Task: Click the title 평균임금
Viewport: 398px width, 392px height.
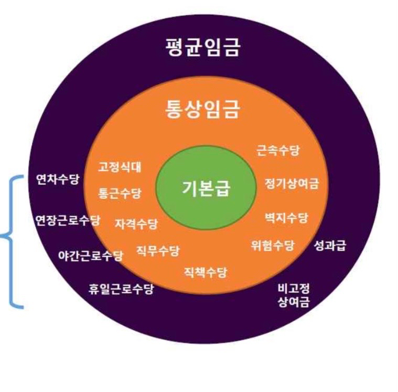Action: (x=202, y=47)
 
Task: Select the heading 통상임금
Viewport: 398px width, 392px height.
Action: (x=202, y=109)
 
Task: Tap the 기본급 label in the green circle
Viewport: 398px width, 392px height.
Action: (x=206, y=188)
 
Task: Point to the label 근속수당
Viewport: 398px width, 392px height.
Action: (x=278, y=151)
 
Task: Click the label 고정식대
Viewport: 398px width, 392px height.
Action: (x=120, y=167)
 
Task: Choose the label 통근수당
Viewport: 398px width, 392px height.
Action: (x=120, y=193)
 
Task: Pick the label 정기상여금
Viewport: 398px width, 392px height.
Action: (x=292, y=184)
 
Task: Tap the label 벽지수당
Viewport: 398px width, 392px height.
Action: (x=286, y=218)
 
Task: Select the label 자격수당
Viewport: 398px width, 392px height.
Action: (x=136, y=224)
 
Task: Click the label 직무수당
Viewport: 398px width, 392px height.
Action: (x=158, y=251)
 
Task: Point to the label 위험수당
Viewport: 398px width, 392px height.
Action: (x=272, y=246)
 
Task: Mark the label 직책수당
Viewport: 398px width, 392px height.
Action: (x=206, y=272)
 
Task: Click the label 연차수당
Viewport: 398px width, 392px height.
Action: (x=58, y=179)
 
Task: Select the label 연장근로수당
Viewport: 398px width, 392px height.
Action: (x=68, y=220)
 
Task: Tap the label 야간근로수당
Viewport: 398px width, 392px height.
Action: (x=91, y=256)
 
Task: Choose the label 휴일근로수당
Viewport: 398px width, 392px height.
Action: (x=121, y=289)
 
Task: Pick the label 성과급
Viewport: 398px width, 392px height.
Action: (x=330, y=246)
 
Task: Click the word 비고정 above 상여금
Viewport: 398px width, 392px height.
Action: (x=294, y=288)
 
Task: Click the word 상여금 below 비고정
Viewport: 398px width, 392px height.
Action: (x=294, y=302)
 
